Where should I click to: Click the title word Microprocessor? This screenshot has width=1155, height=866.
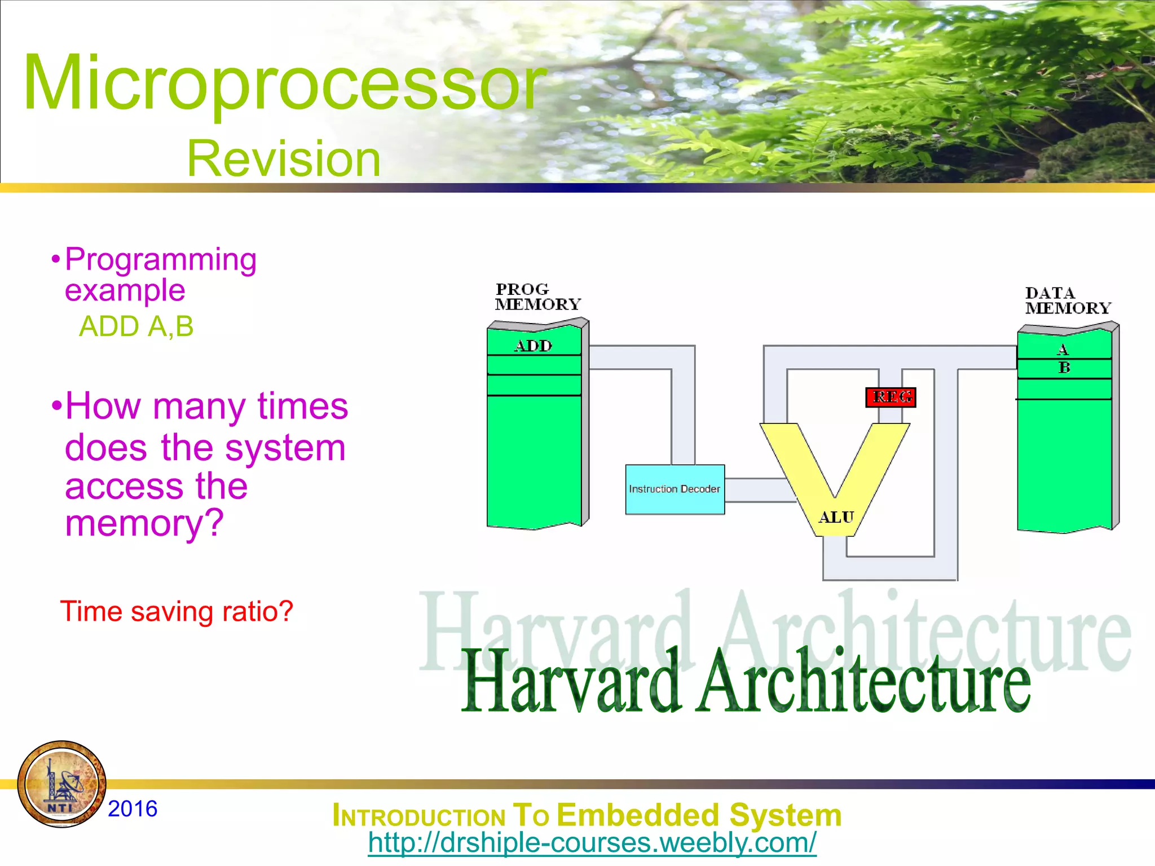(x=285, y=83)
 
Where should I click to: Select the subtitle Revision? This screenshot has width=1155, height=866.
(x=284, y=159)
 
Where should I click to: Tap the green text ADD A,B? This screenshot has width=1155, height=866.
(x=136, y=326)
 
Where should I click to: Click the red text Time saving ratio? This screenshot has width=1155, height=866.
(x=177, y=612)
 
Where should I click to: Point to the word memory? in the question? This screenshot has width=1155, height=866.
(x=144, y=523)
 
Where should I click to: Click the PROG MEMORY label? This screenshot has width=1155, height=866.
(x=537, y=297)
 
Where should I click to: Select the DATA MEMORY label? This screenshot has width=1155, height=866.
(x=1067, y=301)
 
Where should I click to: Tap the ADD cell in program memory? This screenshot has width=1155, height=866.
(x=534, y=346)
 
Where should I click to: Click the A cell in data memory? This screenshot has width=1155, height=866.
(x=1063, y=350)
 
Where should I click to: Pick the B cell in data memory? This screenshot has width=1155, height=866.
(x=1064, y=368)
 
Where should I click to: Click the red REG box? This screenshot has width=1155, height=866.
(x=891, y=397)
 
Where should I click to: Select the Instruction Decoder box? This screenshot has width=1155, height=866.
(x=675, y=489)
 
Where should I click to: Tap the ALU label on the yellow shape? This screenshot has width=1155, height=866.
(x=836, y=517)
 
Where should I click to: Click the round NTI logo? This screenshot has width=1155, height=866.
(x=62, y=784)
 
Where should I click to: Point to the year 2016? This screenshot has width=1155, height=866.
(x=133, y=808)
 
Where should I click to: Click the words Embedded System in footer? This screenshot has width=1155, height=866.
(x=699, y=815)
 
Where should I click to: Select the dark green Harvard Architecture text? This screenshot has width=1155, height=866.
(x=746, y=682)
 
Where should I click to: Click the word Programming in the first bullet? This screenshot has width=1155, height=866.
(x=161, y=259)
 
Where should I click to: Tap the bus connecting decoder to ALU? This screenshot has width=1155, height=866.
(x=756, y=490)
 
